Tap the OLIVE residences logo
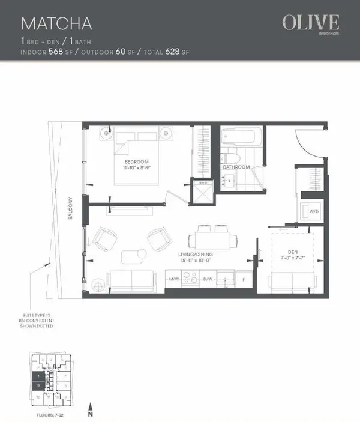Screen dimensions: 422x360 pos(311,24)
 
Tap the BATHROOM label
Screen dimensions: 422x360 pos(236,167)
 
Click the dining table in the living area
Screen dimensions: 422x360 pos(213,240)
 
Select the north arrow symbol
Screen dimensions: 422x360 pos(90,408)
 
